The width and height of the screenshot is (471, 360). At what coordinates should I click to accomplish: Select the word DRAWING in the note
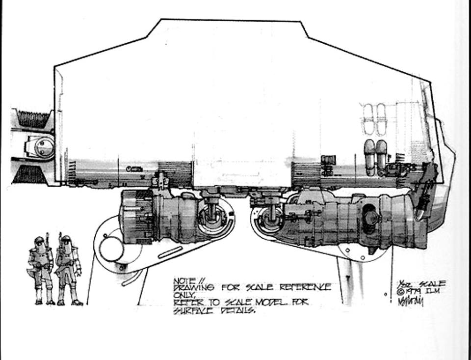[193, 288]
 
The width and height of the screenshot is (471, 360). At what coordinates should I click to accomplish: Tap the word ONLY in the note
[183, 295]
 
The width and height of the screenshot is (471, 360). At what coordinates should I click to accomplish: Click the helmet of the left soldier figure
[39, 241]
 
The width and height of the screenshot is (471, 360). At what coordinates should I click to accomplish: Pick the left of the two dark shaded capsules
[369, 153]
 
